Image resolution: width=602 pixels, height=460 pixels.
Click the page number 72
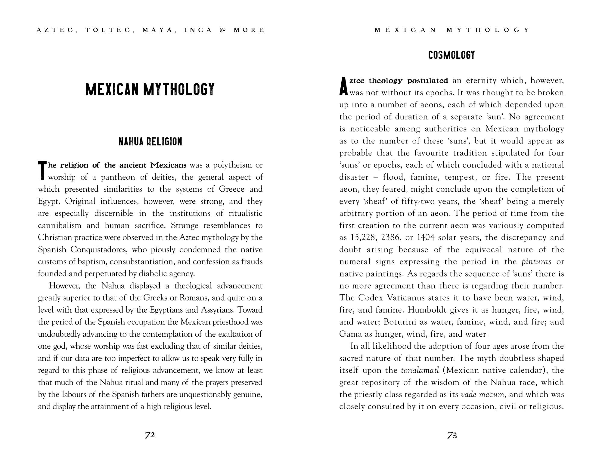point(150,435)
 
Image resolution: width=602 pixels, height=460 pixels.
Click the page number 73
point(452,435)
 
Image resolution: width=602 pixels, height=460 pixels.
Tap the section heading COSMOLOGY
point(451,55)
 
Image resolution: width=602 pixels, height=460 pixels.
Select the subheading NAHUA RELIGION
point(150,141)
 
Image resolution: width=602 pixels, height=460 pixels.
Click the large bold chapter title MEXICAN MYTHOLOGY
point(150,89)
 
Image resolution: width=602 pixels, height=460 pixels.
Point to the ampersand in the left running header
point(222,30)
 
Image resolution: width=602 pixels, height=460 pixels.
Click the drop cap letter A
point(343,86)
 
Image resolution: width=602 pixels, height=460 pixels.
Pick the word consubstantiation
point(141,262)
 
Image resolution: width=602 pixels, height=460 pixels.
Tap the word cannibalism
point(60,226)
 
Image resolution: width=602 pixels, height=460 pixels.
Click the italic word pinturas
point(536,262)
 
